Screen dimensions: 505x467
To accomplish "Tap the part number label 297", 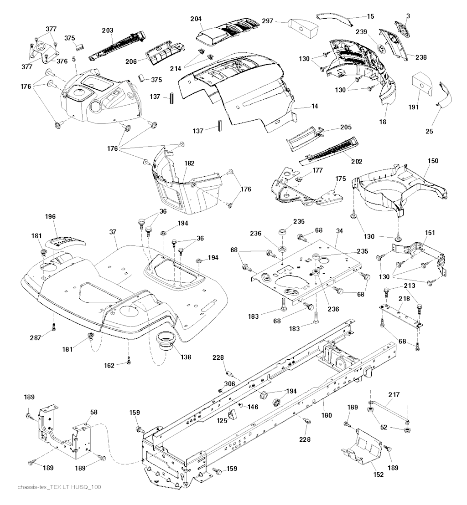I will (268, 21).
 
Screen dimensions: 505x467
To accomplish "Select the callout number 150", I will (433, 161).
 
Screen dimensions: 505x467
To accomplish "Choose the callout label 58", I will (93, 412).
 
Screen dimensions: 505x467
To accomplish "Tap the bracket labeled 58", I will (64, 433).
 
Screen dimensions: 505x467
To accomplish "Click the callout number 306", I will (229, 384).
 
